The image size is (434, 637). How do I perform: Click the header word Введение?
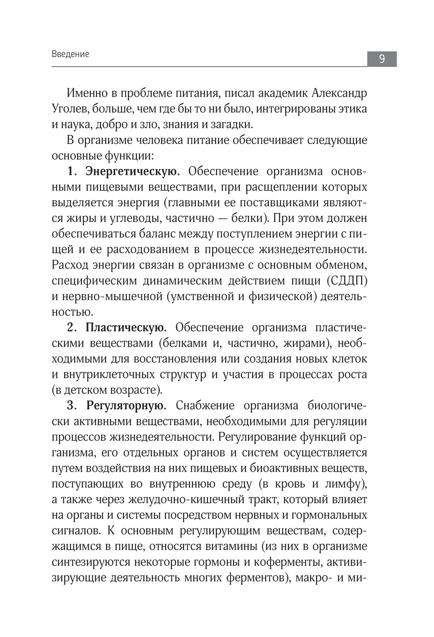[x=70, y=54]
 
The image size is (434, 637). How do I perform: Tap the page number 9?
[x=381, y=59]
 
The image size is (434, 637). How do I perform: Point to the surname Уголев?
[x=69, y=108]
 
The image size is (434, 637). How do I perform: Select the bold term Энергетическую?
[x=132, y=171]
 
